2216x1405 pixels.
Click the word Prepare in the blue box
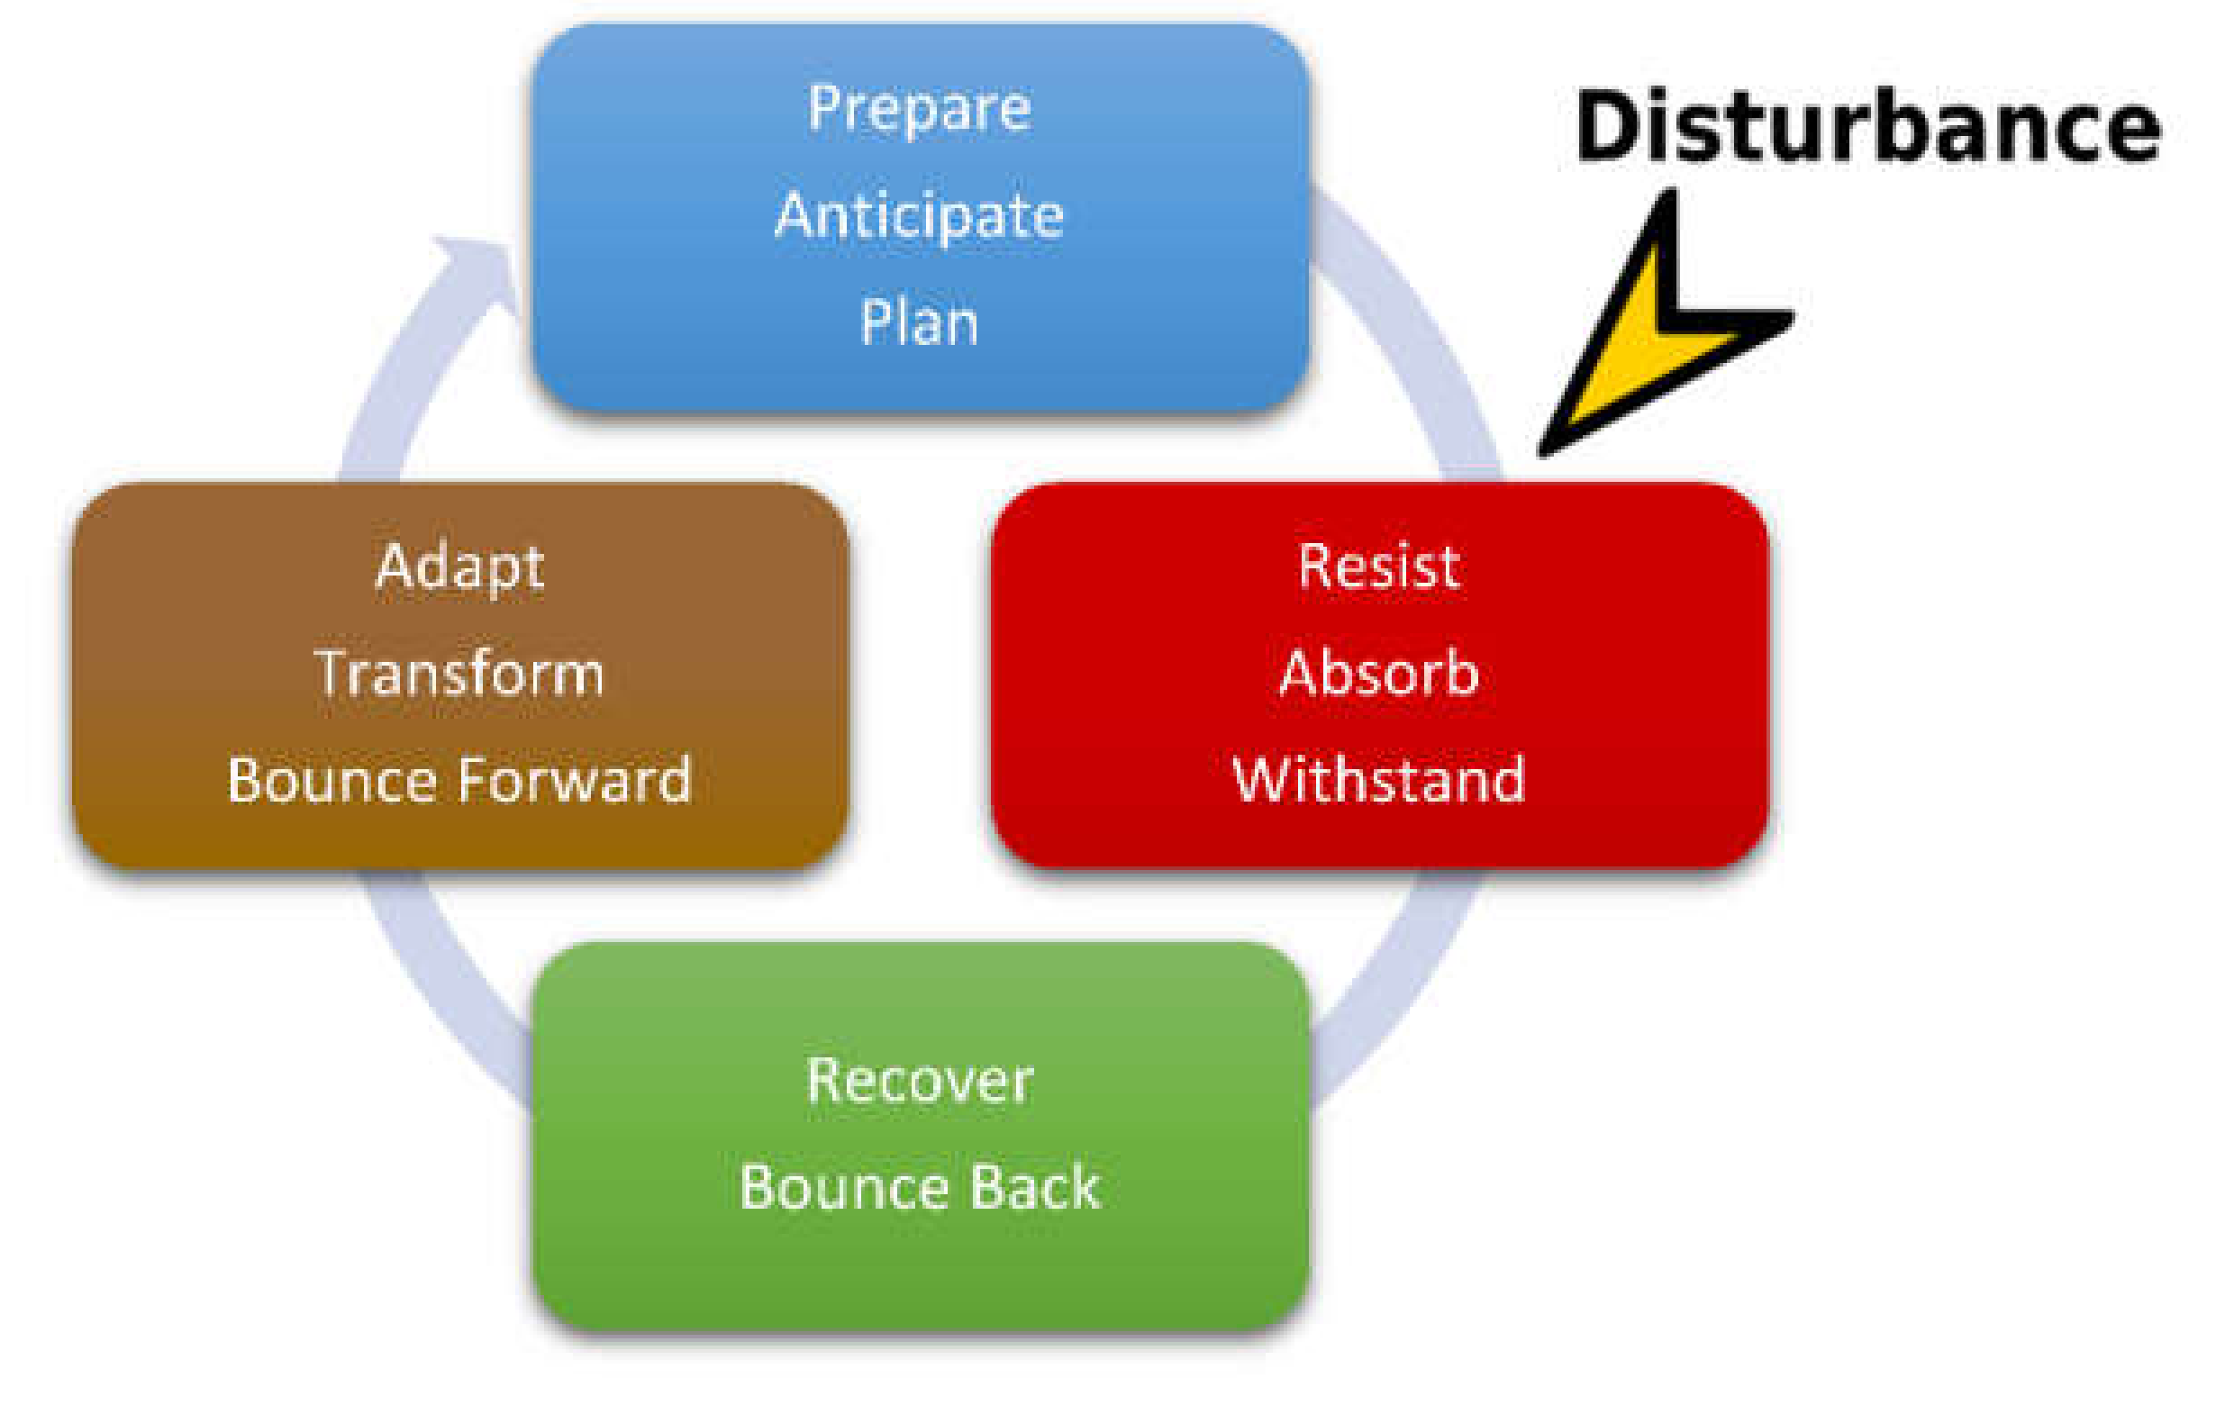[919, 110]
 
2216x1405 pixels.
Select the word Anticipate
[919, 216]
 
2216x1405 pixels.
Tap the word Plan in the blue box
[919, 323]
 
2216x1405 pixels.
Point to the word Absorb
[1378, 673]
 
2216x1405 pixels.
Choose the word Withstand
[1378, 779]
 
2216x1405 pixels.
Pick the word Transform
[459, 673]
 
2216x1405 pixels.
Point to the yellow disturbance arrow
[1648, 340]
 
